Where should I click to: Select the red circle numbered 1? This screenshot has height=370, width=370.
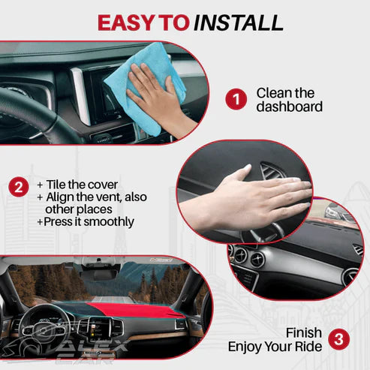click(x=236, y=99)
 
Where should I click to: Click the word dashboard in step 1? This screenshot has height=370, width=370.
click(x=289, y=107)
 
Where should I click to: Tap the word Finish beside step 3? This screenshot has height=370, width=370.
click(x=304, y=332)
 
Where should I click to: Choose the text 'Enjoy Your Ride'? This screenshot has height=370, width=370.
click(x=275, y=347)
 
